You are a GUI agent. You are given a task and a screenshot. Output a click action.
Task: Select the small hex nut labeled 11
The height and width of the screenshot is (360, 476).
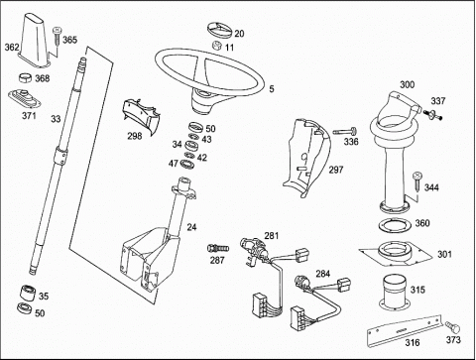coord(217,46)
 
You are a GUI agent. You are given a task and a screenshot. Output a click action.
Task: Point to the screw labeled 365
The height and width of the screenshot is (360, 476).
coord(57,39)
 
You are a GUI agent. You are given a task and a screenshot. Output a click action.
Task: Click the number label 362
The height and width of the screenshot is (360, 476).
coord(12,48)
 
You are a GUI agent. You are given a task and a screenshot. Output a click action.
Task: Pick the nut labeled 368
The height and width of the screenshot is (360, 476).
coord(25,78)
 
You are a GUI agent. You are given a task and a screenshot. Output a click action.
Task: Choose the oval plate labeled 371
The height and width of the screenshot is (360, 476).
coord(25,99)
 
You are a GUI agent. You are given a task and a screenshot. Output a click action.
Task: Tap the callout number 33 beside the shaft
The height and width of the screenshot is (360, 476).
coord(56,119)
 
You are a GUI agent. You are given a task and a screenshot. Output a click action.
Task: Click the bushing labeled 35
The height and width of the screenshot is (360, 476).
coord(28,293)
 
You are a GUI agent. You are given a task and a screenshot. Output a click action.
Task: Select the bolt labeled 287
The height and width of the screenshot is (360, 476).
coord(218,248)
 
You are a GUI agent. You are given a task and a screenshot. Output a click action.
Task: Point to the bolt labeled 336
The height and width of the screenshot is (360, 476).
coord(345,132)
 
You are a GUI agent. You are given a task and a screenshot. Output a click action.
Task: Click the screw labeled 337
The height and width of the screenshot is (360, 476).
coord(432,114)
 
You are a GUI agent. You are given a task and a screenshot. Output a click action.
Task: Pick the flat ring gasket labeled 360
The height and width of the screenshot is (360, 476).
coord(395,225)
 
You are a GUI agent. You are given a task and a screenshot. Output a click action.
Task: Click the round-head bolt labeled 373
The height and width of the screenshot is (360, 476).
coord(453,327)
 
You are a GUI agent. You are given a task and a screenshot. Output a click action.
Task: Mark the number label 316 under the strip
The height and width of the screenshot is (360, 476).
coord(413,342)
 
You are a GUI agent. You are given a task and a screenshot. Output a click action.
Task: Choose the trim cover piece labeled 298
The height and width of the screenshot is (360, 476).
coord(142,114)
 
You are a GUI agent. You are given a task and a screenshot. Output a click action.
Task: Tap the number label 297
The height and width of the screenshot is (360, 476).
coord(336,170)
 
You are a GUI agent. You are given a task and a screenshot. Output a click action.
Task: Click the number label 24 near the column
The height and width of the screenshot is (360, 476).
coord(191,227)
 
